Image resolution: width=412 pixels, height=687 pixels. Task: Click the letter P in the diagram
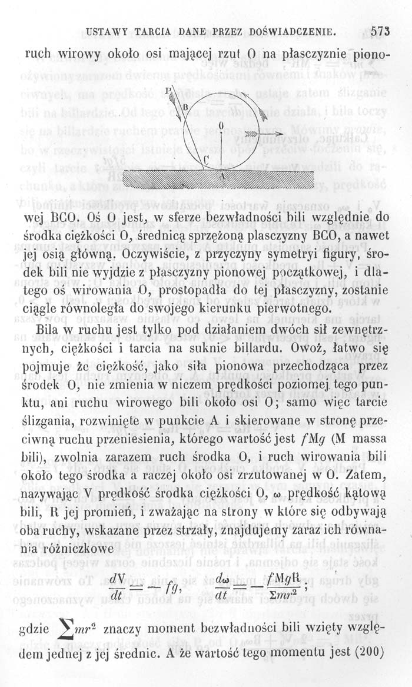pos(169,92)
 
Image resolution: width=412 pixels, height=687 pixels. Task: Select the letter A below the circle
pos(221,175)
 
